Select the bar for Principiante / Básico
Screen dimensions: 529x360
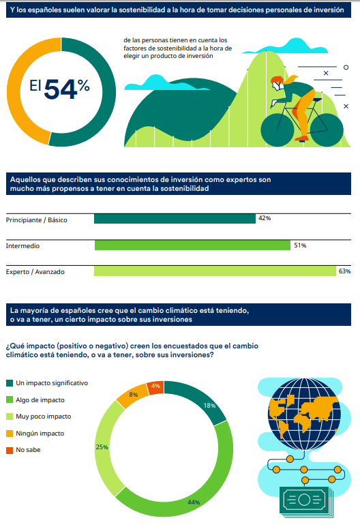[x=175, y=219]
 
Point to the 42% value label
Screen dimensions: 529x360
[x=265, y=218]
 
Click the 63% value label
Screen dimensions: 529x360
[x=344, y=271]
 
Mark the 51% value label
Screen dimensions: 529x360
[x=299, y=245]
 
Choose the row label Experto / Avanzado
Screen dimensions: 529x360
[x=35, y=272]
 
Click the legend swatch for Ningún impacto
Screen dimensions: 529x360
[x=9, y=434]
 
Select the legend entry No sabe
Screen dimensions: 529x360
[x=31, y=450]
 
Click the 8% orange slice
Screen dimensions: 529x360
[x=132, y=395]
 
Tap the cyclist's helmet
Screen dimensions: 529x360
[x=277, y=81]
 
